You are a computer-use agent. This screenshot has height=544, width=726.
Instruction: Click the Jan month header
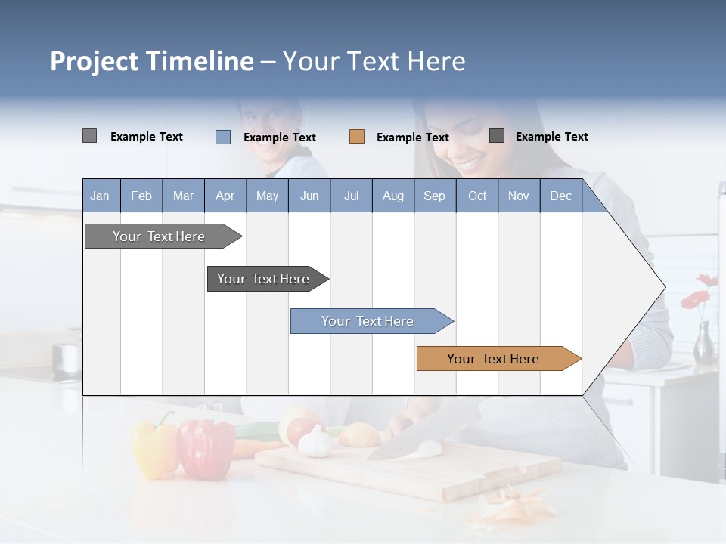pyautogui.click(x=101, y=196)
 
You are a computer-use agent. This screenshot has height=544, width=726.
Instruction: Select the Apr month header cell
pyautogui.click(x=225, y=196)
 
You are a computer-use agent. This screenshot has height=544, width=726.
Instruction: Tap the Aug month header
pyautogui.click(x=393, y=196)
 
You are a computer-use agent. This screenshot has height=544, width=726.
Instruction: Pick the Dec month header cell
pyautogui.click(x=560, y=196)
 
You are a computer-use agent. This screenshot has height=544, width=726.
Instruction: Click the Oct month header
pyautogui.click(x=477, y=196)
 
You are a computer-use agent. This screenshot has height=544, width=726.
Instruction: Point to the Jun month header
pyautogui.click(x=309, y=196)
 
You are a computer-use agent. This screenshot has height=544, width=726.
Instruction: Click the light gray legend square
pyautogui.click(x=89, y=136)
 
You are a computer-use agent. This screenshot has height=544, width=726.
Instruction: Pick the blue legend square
pyautogui.click(x=223, y=137)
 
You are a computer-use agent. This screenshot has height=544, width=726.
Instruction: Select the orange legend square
pyautogui.click(x=357, y=137)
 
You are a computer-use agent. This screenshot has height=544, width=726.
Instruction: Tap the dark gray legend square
pyautogui.click(x=497, y=136)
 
